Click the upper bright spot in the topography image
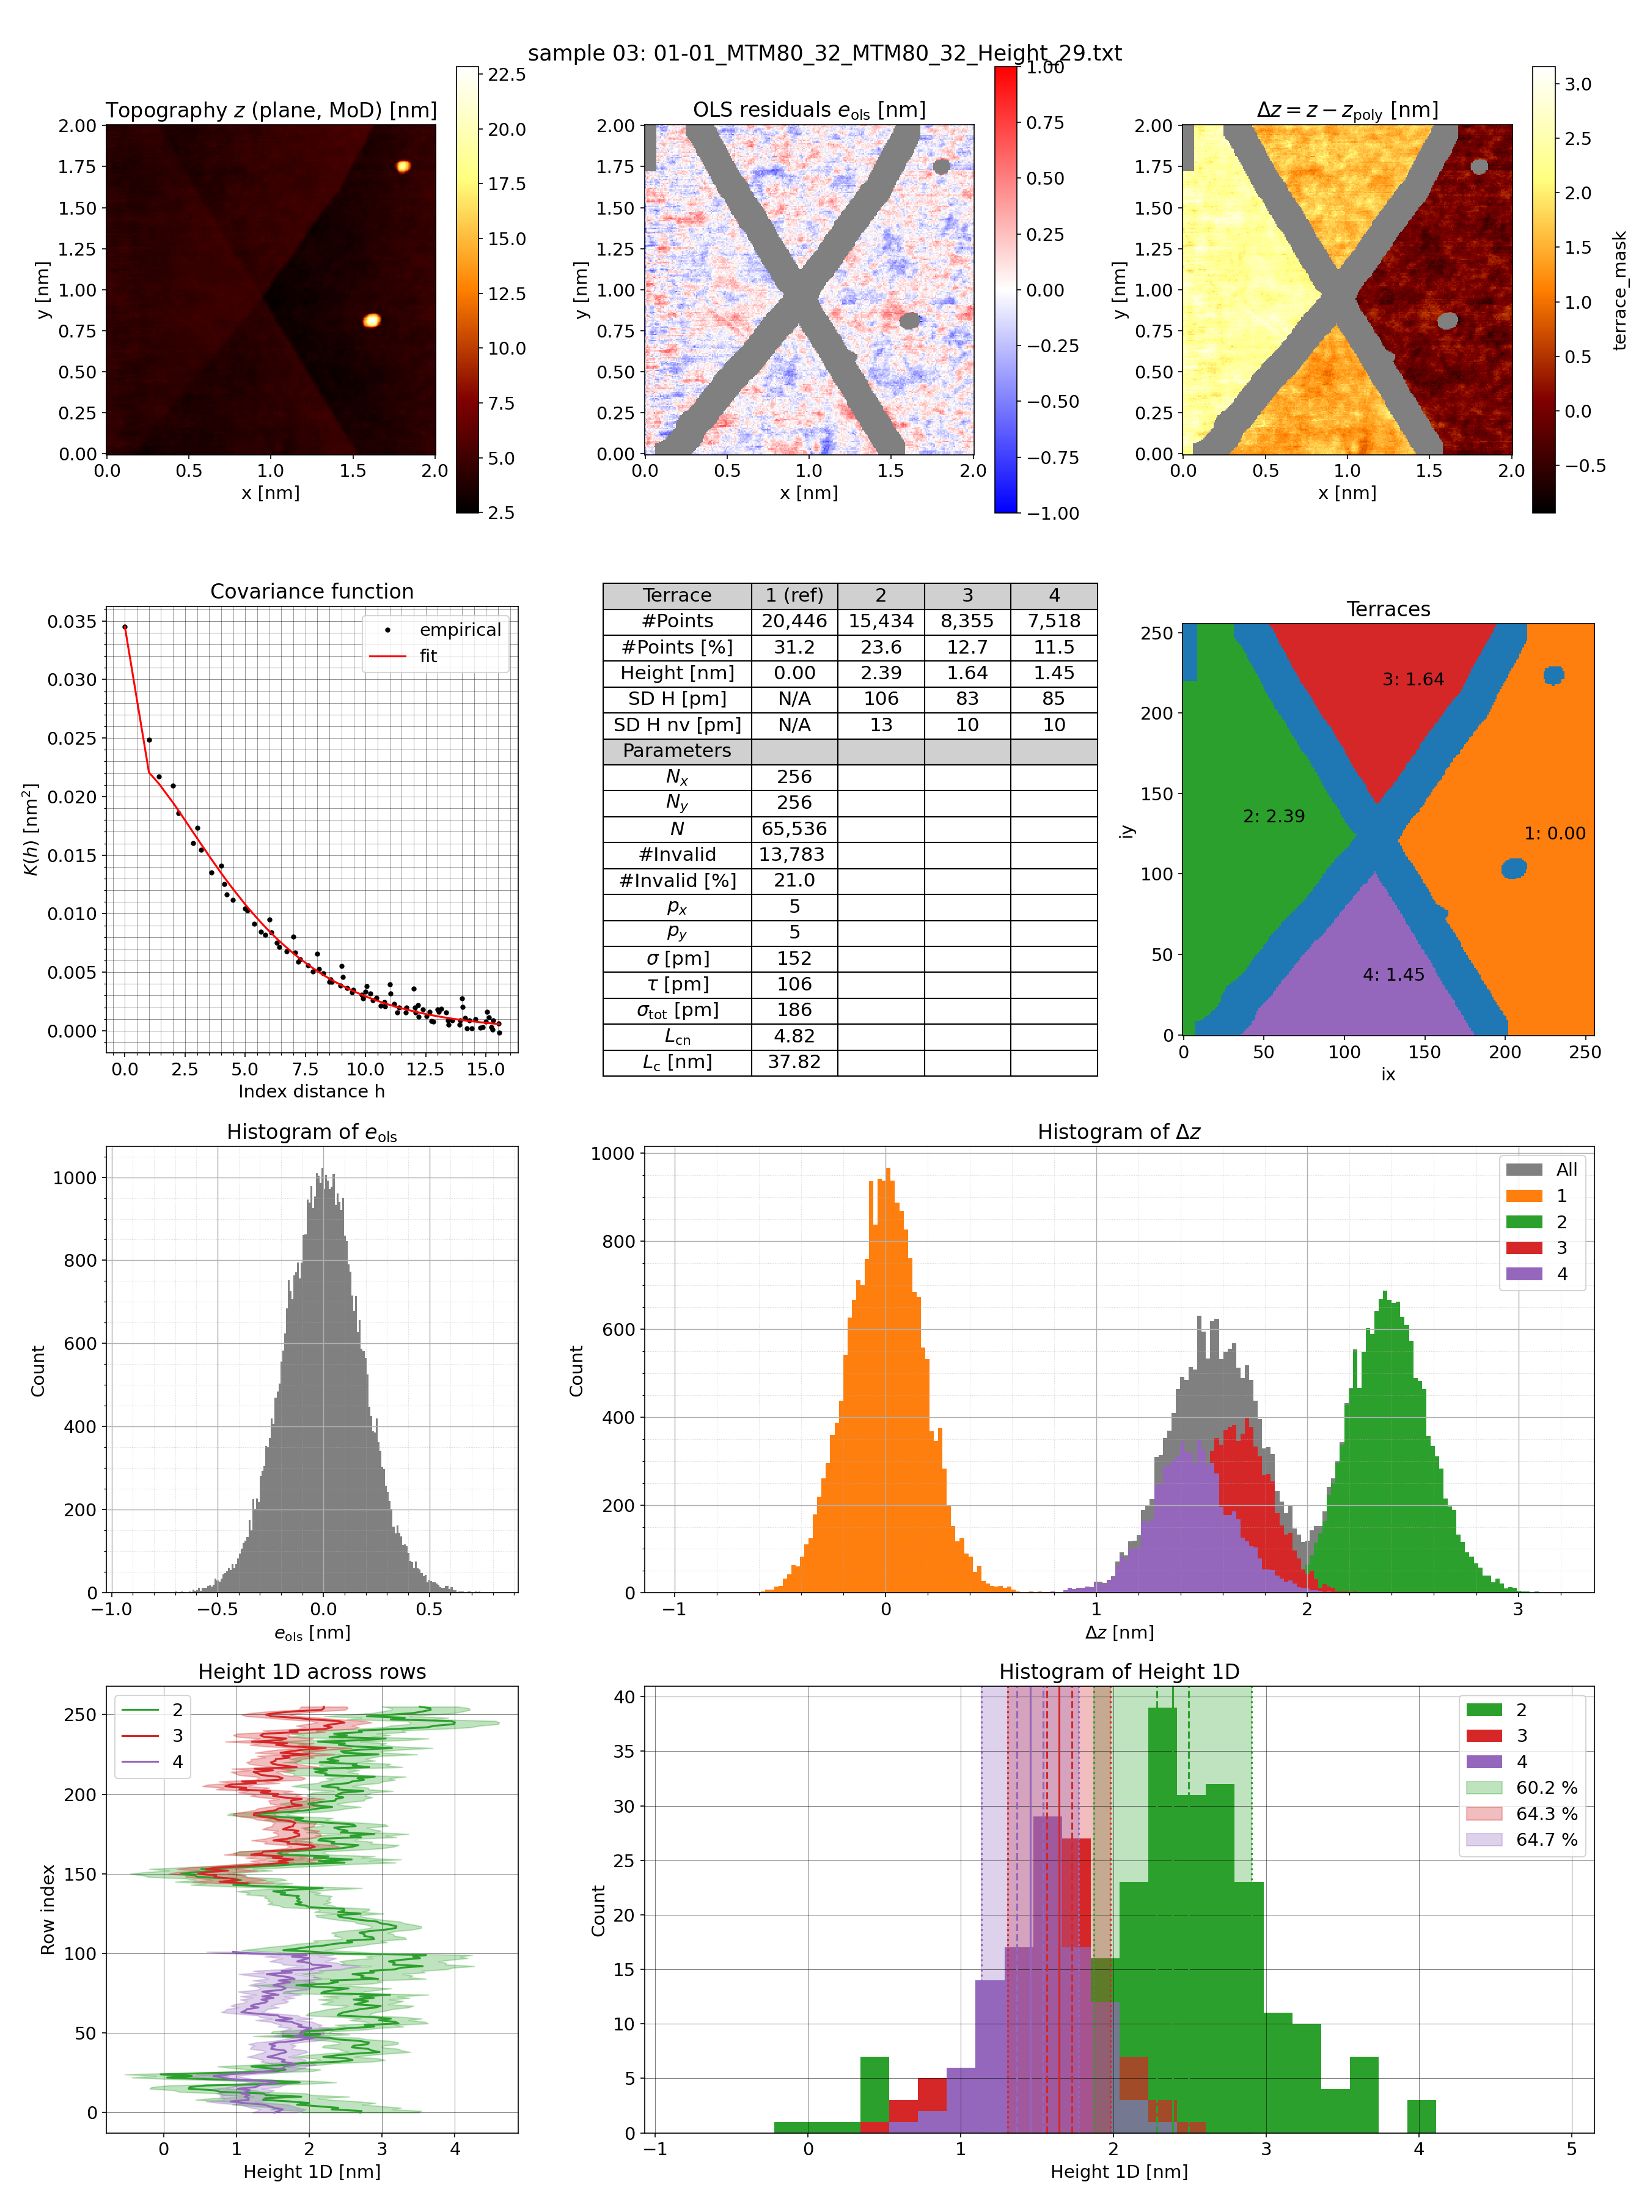pyautogui.click(x=403, y=166)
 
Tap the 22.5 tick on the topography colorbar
pyautogui.click(x=506, y=75)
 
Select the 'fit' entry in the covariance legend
pyautogui.click(x=428, y=656)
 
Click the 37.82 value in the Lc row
pyautogui.click(x=794, y=1062)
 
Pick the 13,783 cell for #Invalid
pyautogui.click(x=794, y=853)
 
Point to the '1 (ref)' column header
pyautogui.click(x=794, y=595)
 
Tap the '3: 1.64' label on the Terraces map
pyautogui.click(x=1412, y=680)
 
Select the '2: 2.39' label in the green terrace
pyautogui.click(x=1273, y=816)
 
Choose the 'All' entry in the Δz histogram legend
pyautogui.click(x=1566, y=1169)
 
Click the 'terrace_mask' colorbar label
pyautogui.click(x=1619, y=290)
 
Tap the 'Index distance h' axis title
pyautogui.click(x=311, y=1091)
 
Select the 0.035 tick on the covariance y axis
pyautogui.click(x=73, y=622)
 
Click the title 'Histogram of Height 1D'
pyautogui.click(x=1119, y=1672)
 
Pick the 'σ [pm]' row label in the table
pyautogui.click(x=676, y=958)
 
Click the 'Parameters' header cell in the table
pyautogui.click(x=676, y=750)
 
